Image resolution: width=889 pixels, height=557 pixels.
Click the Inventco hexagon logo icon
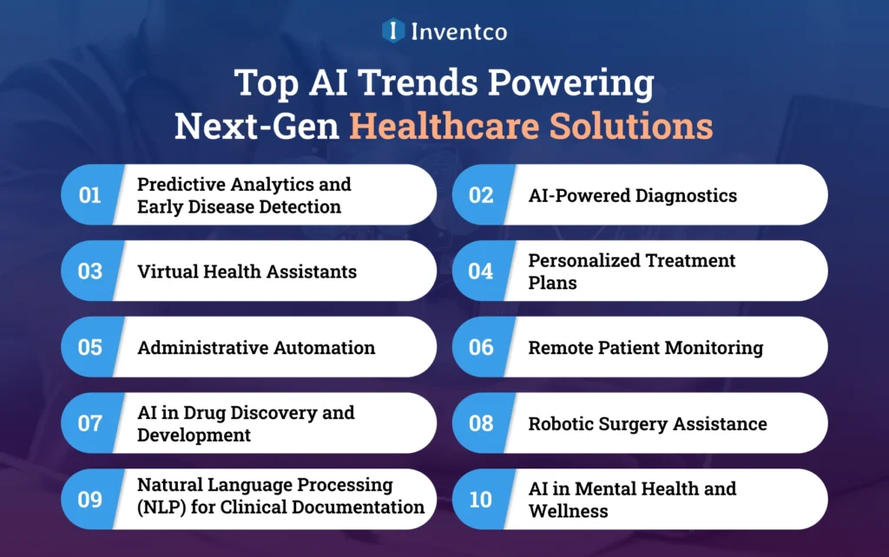[x=393, y=31]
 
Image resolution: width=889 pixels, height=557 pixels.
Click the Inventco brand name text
[x=458, y=32]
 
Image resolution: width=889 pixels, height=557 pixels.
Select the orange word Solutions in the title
[x=633, y=126]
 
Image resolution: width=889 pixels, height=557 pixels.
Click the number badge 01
[x=89, y=195]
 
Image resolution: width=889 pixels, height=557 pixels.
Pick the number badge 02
[x=481, y=195]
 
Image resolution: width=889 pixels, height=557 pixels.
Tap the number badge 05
[x=89, y=348]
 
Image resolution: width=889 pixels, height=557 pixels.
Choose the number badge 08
[x=481, y=423]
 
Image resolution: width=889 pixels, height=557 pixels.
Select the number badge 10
[x=481, y=500]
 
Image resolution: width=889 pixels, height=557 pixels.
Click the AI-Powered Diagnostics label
[x=632, y=195]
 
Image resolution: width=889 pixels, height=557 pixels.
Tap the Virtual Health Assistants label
[x=247, y=272]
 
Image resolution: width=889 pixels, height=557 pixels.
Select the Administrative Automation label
[x=256, y=348]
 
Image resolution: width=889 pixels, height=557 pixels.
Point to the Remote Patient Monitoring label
[x=646, y=348]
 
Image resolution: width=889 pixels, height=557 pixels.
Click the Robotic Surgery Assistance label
[x=648, y=423]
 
